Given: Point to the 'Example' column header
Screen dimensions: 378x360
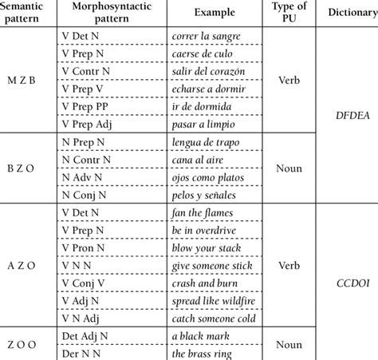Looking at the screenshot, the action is pos(211,14).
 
